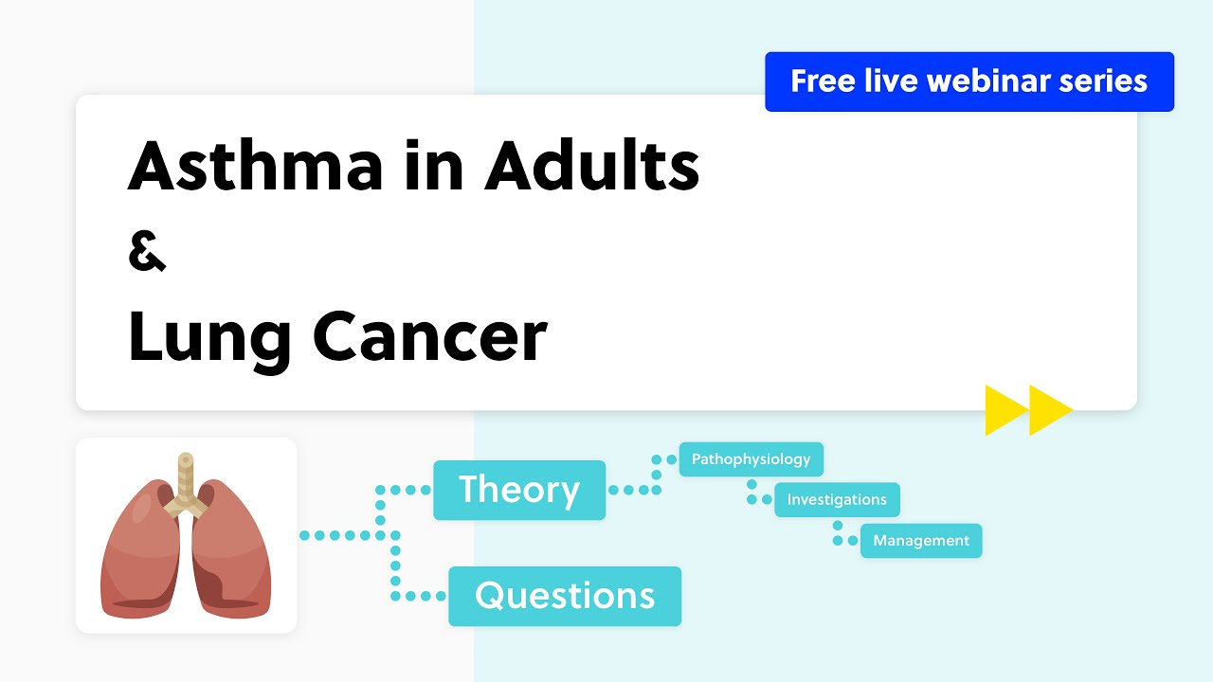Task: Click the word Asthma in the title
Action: coord(256,166)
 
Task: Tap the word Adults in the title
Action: coord(592,166)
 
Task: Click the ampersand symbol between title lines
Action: coord(147,254)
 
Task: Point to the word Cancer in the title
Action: coord(430,337)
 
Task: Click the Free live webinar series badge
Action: coord(969,81)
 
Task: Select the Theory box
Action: coord(519,490)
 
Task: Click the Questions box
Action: coord(565,596)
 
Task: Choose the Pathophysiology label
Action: coord(751,459)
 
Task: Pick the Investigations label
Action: coord(837,499)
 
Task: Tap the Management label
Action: coord(921,541)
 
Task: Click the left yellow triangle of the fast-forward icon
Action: coord(1004,410)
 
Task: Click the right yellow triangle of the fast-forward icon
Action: coord(1048,410)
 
